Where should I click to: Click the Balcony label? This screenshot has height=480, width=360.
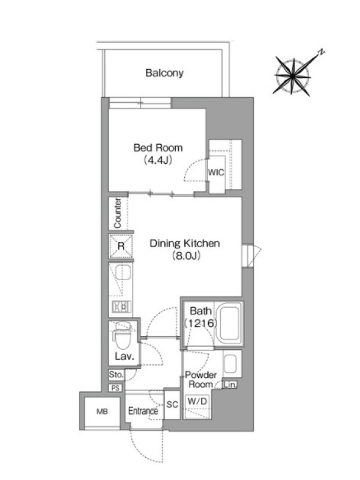tap(164, 73)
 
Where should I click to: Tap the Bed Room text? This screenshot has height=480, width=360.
tap(158, 148)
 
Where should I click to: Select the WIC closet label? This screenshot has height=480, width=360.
tap(216, 172)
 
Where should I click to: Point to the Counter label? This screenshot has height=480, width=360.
tap(118, 214)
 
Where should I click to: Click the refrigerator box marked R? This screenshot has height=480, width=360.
tap(121, 246)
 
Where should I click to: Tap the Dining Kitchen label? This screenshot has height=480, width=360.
tap(185, 244)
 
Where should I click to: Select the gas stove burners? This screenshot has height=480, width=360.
tap(121, 307)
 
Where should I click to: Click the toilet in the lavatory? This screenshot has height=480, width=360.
tap(122, 336)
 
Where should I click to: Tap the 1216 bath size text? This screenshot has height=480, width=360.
tap(200, 323)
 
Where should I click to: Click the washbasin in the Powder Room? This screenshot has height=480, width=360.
tap(230, 363)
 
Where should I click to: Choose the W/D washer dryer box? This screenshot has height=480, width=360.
tap(197, 401)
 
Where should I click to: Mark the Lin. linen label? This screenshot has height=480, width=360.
tap(230, 385)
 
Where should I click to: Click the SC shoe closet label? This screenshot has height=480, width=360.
tap(172, 404)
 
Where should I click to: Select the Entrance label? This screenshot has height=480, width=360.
tap(143, 411)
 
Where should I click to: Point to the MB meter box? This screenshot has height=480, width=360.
tap(102, 412)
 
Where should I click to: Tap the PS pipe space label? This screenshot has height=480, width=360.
tap(115, 388)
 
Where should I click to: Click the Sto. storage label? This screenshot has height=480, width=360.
tap(116, 374)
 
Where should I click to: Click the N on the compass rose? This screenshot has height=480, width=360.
tap(321, 52)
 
